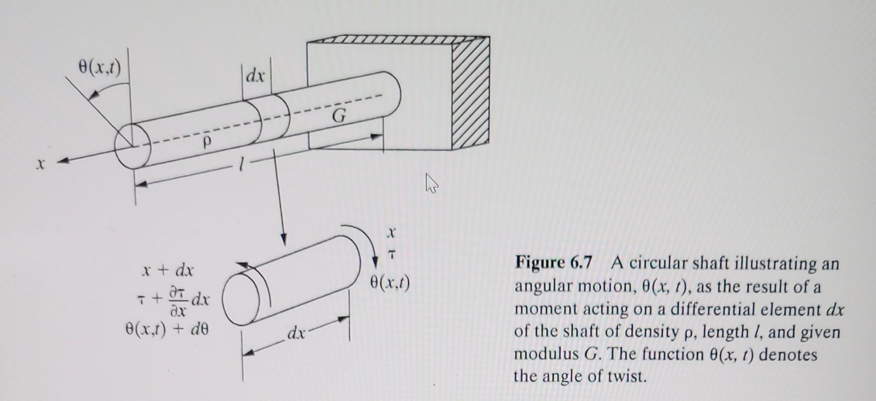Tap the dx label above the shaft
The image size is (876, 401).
tap(256, 75)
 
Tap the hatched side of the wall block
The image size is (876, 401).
tap(471, 94)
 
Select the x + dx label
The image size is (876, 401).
tap(168, 271)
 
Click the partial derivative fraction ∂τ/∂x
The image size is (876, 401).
tap(178, 301)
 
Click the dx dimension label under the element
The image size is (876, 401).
tap(296, 333)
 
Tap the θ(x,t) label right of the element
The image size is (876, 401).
tap(390, 284)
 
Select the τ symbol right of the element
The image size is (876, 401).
tap(390, 257)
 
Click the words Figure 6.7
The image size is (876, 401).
tap(554, 263)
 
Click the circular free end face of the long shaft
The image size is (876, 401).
tap(133, 146)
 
